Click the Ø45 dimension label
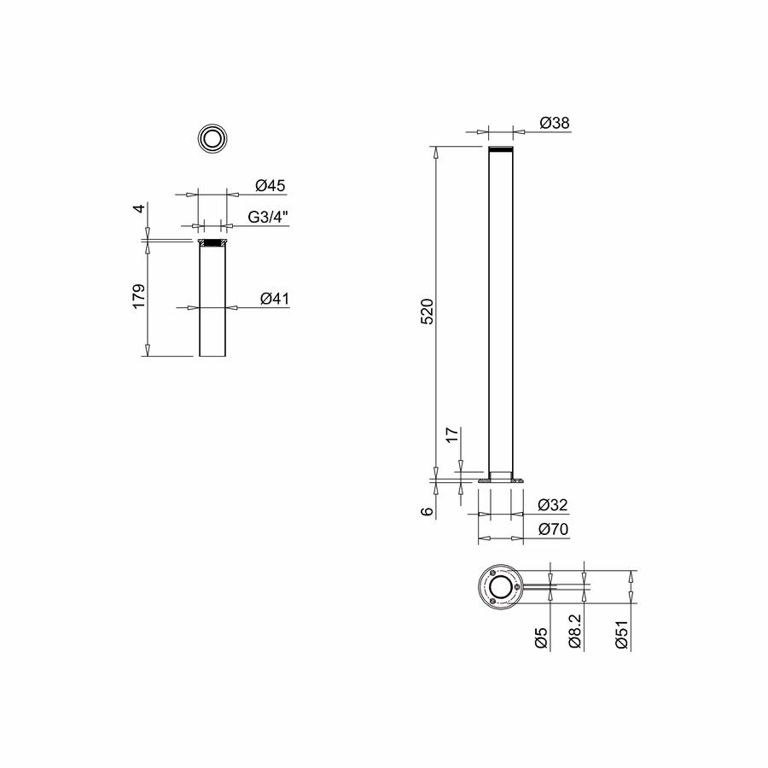(x=270, y=186)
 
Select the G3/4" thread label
(x=268, y=217)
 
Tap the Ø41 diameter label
(x=275, y=299)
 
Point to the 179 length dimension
(x=139, y=296)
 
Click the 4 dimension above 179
(x=140, y=209)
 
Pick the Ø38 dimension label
(x=555, y=122)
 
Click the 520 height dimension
(x=428, y=311)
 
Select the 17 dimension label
(x=452, y=434)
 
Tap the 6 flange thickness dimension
(x=428, y=511)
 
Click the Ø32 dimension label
(x=553, y=504)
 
